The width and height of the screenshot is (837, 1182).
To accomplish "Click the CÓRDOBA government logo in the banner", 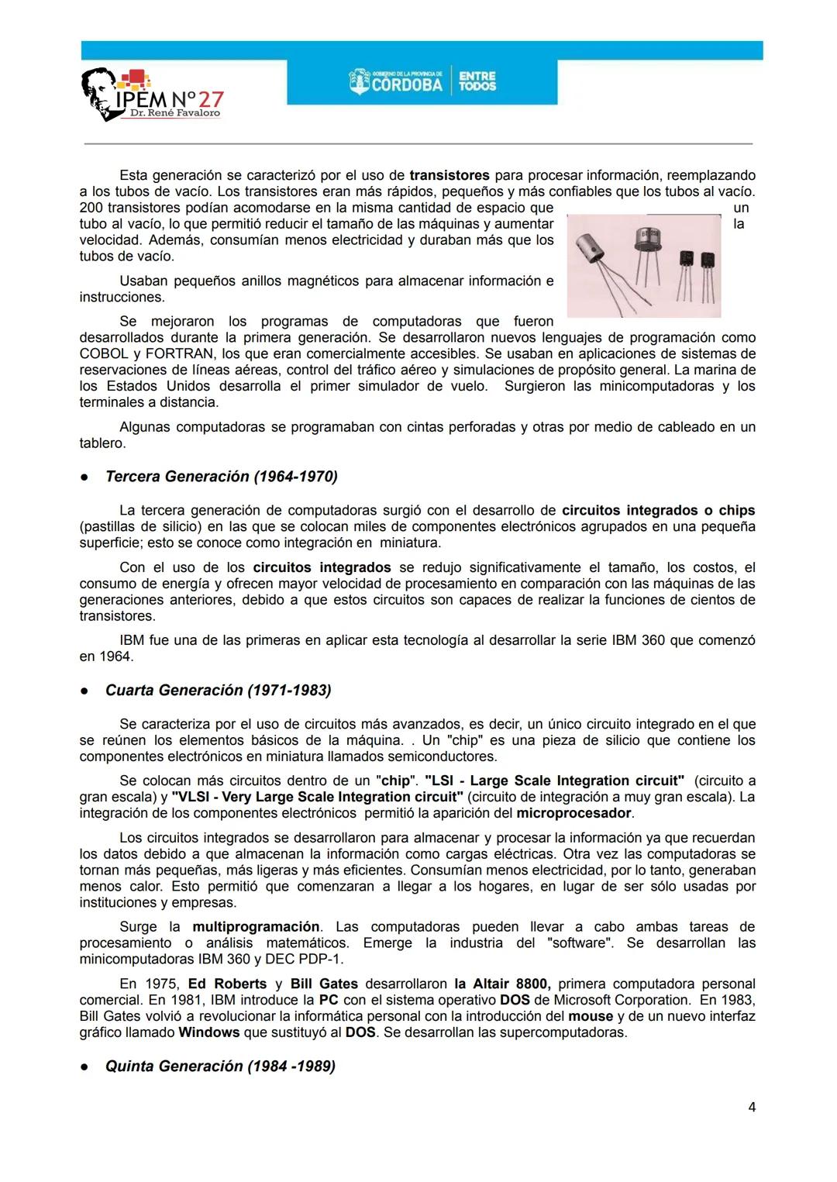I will coord(396,81).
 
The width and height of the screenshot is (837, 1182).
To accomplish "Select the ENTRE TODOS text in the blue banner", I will coord(477,81).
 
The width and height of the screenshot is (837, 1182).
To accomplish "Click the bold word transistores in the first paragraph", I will coord(449,175).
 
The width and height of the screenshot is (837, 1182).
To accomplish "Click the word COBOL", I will coord(104,353).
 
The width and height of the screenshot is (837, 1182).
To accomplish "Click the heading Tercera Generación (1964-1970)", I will coord(221,477).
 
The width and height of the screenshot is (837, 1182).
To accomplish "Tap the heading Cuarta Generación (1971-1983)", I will coord(218,690).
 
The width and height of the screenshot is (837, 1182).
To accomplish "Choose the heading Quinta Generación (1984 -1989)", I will coord(220,1067).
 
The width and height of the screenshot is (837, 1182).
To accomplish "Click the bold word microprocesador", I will coord(574,813).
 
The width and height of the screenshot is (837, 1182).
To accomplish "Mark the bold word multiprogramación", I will coord(256,927).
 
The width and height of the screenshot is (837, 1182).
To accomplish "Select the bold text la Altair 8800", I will coord(502,984).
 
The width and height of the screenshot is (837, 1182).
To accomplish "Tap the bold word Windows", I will coord(209,1032).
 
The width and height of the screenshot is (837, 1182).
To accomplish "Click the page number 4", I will coord(751,1108).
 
